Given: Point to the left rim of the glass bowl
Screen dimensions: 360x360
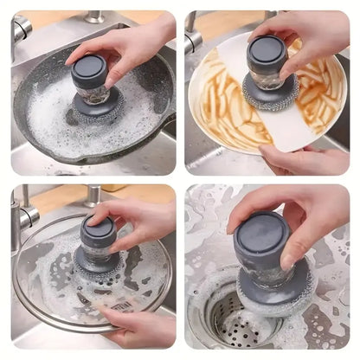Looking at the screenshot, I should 19,277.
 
